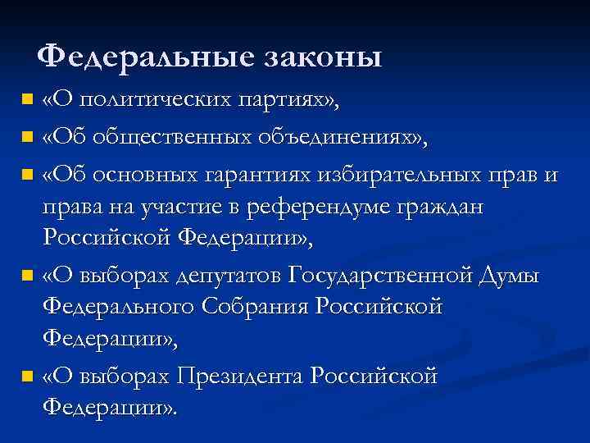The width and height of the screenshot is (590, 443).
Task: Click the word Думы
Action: tap(510, 276)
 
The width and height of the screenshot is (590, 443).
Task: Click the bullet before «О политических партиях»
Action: tap(29, 101)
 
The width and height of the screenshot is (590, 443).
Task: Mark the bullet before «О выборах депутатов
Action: tap(29, 277)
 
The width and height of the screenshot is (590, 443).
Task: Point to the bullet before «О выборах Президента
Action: tap(29, 377)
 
